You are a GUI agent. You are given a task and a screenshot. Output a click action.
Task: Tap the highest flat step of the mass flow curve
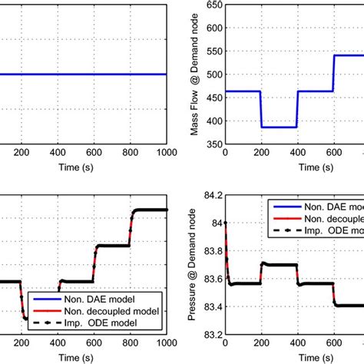[x=348, y=55]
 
